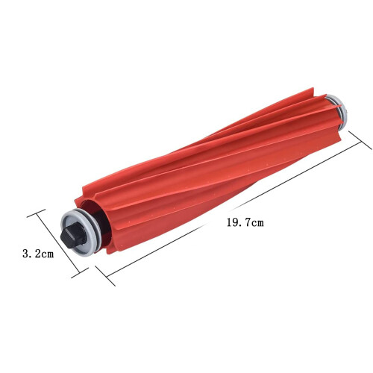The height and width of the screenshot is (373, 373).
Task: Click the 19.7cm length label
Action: (245, 222)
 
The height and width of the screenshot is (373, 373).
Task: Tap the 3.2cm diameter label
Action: (38, 254)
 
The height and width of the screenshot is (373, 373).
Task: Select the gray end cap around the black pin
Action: (80, 233)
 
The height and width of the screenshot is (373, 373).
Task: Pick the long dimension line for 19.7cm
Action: (233, 208)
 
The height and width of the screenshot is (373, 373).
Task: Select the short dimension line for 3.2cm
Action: (58, 243)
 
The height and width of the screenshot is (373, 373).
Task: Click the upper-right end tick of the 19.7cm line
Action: (360, 140)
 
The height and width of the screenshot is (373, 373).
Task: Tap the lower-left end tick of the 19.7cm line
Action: (105, 275)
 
